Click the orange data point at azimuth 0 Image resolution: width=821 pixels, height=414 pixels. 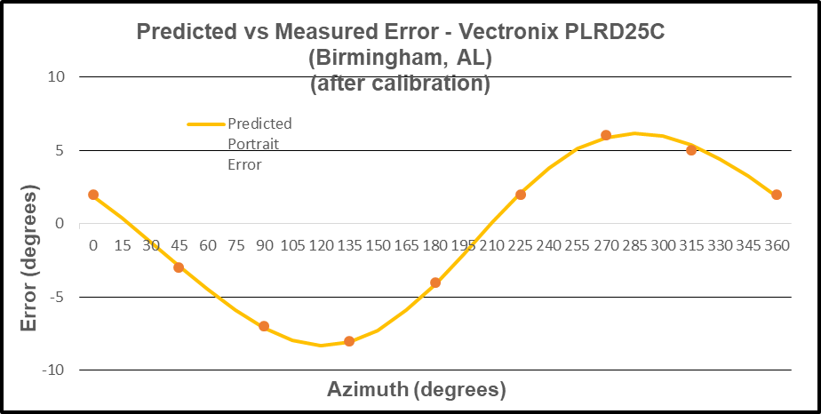[x=93, y=195]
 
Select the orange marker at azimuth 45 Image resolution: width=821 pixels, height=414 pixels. [x=179, y=267]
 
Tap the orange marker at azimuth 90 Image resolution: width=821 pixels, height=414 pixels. [x=264, y=326]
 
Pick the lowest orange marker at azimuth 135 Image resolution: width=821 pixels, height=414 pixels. [x=349, y=341]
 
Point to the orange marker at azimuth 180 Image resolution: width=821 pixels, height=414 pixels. [x=435, y=283]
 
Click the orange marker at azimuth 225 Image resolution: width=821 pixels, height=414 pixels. [x=521, y=195]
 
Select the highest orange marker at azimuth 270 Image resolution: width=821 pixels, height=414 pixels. [x=606, y=135]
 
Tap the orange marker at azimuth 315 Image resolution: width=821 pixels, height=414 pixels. [x=691, y=150]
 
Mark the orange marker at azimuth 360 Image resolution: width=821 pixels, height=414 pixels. [x=777, y=195]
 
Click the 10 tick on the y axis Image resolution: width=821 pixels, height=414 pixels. [x=56, y=77]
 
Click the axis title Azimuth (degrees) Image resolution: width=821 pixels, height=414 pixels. [x=417, y=389]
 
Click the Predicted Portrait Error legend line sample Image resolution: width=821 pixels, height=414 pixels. [x=206, y=124]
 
